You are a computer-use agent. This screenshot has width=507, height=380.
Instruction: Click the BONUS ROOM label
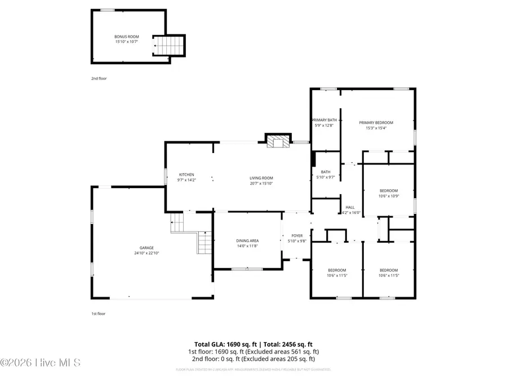click(127, 37)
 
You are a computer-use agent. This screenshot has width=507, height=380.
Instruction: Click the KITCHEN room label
click(186, 175)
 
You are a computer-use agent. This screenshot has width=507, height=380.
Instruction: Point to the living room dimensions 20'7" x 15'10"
click(261, 184)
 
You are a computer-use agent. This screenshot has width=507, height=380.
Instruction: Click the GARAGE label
click(146, 248)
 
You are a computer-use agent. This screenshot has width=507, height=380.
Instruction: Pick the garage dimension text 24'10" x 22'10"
click(146, 253)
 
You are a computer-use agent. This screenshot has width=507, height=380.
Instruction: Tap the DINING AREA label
click(247, 241)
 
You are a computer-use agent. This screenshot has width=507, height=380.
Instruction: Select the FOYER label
click(297, 235)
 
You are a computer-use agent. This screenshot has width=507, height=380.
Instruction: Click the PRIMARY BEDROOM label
click(376, 123)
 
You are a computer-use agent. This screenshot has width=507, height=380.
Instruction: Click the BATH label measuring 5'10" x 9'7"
click(326, 172)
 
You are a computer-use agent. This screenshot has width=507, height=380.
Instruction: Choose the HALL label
click(350, 207)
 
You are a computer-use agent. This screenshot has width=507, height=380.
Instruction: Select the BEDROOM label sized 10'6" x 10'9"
click(388, 190)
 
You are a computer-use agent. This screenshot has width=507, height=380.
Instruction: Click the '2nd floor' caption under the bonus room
click(99, 78)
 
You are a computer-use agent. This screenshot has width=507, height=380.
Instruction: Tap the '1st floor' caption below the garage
click(99, 314)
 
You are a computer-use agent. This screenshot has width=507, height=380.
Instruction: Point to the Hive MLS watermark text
click(41, 363)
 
